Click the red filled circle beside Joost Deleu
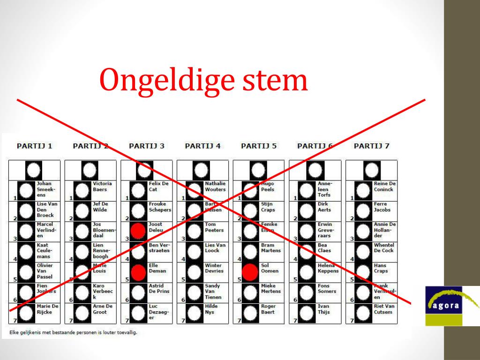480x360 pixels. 138,231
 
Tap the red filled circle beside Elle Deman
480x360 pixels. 138,272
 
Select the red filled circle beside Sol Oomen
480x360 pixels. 250,272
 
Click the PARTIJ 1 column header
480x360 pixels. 34,146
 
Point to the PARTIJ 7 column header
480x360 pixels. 371,146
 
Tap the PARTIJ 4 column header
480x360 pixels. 202,146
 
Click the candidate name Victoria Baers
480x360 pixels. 102,187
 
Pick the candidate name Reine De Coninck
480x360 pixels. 384,187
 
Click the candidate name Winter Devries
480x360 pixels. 214,268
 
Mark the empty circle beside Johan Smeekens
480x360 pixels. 26,190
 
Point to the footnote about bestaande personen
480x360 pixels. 73,333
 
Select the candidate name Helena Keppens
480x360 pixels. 328,268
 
